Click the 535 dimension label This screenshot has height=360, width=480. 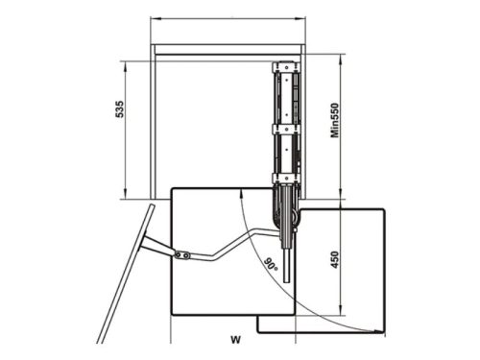(x=119, y=109)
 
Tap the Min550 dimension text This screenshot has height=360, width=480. (x=335, y=120)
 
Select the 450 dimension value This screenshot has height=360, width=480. (x=335, y=259)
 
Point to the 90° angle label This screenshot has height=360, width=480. (x=271, y=264)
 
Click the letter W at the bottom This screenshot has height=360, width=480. (x=235, y=340)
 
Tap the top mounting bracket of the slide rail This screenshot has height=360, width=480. (x=286, y=67)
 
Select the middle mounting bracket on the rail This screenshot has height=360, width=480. (x=286, y=129)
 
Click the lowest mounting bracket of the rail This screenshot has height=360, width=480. (x=286, y=179)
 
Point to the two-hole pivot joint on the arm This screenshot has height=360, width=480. (x=182, y=255)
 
